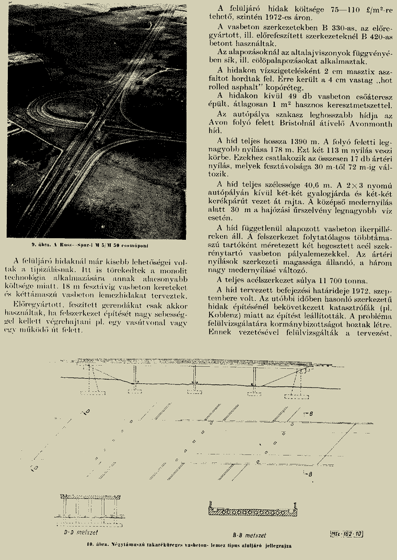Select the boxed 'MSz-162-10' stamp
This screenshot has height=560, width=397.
346,533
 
